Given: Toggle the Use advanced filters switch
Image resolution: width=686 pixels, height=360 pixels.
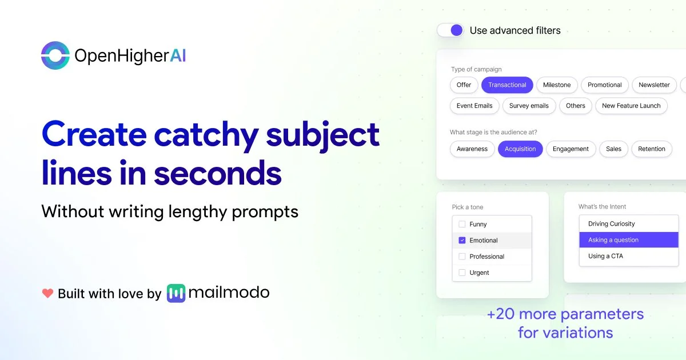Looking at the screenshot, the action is coord(450,30).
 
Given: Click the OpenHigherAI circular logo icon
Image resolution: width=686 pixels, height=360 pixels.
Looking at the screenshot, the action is coord(55,55).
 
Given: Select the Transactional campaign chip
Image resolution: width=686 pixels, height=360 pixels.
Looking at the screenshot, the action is coord(507,85).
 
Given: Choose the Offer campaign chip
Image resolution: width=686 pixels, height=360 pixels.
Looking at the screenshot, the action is coord(464,85).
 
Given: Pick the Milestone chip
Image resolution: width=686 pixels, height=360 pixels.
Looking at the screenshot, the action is coord(557,85).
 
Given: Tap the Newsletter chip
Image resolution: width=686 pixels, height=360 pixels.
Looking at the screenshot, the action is coord(654,85).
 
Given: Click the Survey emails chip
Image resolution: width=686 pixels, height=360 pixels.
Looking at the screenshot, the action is coord(529,106).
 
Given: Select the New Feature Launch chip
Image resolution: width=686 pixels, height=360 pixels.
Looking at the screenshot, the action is coord(631,106).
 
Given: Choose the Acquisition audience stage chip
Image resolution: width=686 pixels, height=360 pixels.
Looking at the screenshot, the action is coord(520,149).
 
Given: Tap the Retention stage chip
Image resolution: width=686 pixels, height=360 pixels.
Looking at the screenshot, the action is coord(652,149).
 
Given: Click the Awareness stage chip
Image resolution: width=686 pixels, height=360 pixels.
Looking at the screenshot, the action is coord(472,149).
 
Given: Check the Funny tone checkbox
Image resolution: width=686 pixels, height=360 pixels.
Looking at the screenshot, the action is coord(462,224).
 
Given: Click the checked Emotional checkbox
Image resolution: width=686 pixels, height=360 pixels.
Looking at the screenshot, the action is coord(462,241).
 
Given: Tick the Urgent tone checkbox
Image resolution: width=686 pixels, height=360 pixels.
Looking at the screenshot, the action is coord(462,273).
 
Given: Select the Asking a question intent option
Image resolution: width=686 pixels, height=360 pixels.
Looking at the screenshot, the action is coord(629,239).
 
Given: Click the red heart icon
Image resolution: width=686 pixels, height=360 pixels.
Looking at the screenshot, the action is coord(47,293).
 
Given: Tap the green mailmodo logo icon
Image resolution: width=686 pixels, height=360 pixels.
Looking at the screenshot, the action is coord(176,293).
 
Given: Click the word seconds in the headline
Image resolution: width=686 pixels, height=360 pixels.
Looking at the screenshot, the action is coord(217,173).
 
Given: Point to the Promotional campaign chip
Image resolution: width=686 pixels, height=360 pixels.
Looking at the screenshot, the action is coord(605,85).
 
